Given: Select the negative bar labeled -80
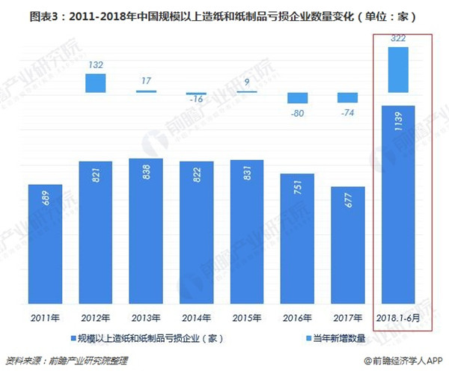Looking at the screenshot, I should point(297,97).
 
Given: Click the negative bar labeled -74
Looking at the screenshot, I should point(347,97).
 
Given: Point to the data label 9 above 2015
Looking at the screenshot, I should point(247,79).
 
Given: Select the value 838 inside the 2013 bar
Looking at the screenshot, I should point(146,180).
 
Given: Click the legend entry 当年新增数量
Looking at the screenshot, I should point(337,338).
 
